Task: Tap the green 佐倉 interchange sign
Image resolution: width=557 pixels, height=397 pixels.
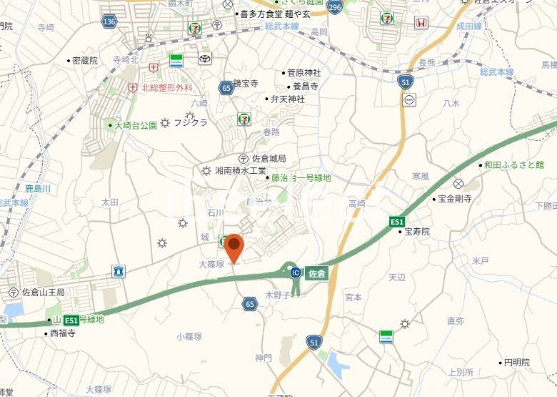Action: click(x=316, y=273)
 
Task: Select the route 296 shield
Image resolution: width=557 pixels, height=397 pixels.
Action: click(x=335, y=7)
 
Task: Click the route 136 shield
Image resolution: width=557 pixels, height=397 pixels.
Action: click(x=109, y=22)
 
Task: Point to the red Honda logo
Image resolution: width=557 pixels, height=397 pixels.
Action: click(x=421, y=22)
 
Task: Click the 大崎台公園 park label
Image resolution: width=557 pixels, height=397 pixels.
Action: click(x=136, y=125)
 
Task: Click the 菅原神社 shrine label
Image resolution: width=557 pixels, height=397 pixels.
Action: click(x=303, y=72)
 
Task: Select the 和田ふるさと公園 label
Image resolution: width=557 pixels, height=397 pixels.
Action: click(x=513, y=165)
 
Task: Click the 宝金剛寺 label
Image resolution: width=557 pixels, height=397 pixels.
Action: click(x=455, y=198)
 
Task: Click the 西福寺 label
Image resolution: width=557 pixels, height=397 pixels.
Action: click(x=61, y=333)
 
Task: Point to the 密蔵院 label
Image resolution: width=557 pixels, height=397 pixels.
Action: click(x=84, y=61)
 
